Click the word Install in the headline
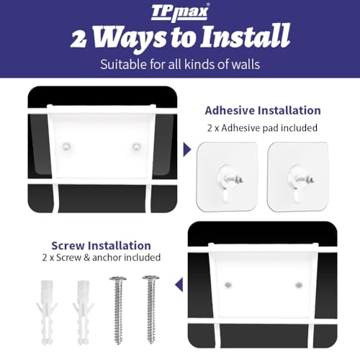point(246,36)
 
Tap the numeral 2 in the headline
point(78,39)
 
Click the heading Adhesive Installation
point(263,110)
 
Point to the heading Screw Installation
point(101,246)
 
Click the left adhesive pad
point(227,176)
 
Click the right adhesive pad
point(297,176)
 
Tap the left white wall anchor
point(47,312)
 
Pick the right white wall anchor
point(84,312)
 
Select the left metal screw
point(118,310)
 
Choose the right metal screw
point(150,310)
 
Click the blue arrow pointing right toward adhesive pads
point(187,150)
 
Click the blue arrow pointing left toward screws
point(179,284)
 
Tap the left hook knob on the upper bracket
point(66,146)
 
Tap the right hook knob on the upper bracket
point(137,146)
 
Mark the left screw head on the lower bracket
point(228,285)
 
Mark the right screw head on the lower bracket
point(299,285)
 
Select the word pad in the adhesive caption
point(271,128)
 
